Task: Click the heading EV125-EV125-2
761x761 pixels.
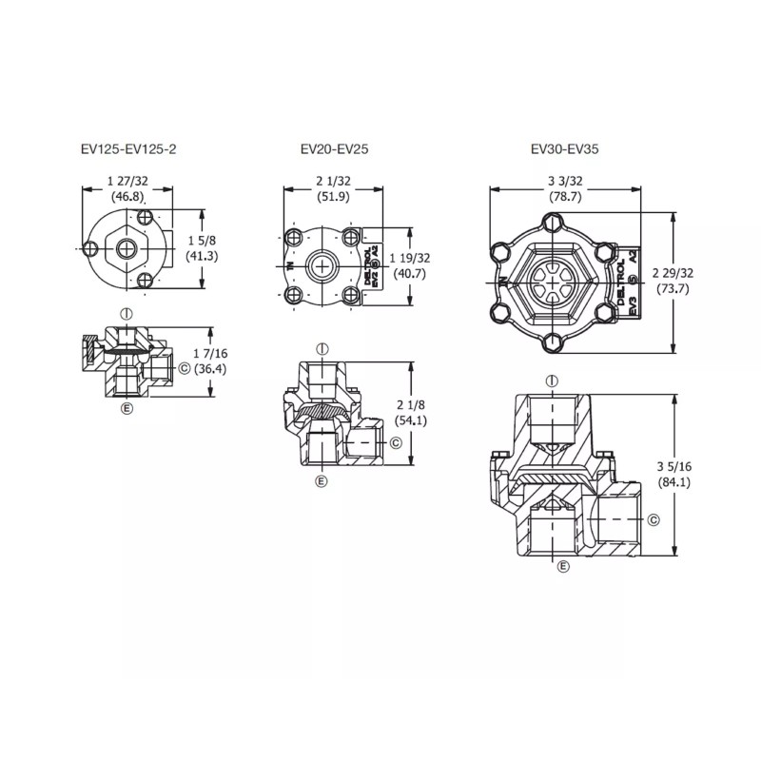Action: (x=129, y=149)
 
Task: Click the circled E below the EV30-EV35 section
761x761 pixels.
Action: (x=564, y=566)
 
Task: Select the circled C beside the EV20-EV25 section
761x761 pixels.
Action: (x=395, y=443)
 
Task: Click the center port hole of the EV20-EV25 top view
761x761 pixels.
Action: (x=325, y=263)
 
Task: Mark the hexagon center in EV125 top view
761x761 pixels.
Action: (x=127, y=249)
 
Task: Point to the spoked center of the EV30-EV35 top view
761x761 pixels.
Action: (x=551, y=282)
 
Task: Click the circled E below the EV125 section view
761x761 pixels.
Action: (x=127, y=408)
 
